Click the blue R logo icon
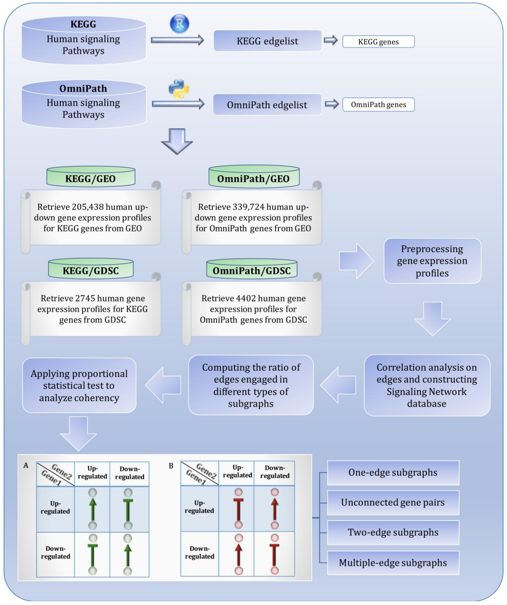(x=179, y=24)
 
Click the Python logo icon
(x=179, y=89)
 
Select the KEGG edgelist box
(x=267, y=41)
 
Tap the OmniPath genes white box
(x=378, y=105)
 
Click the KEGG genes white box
(x=378, y=42)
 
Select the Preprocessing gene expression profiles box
(x=432, y=261)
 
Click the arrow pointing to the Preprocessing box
(x=356, y=261)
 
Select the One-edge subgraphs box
(x=393, y=472)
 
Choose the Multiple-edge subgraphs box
(x=393, y=563)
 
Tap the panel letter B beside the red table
(x=171, y=466)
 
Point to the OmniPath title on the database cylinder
(x=83, y=88)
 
